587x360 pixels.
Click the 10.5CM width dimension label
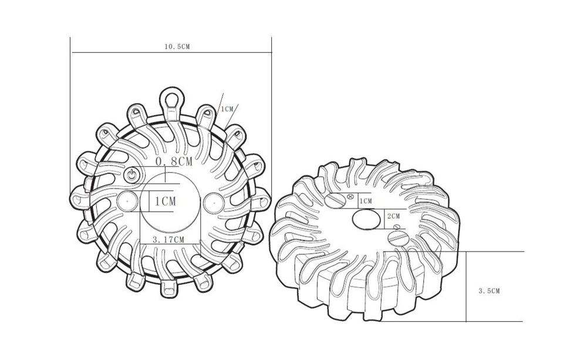(177, 46)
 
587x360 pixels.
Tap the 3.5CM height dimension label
(489, 291)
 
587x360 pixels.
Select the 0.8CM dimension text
(174, 162)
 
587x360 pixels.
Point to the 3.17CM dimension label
(168, 239)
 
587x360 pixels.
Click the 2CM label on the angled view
(393, 216)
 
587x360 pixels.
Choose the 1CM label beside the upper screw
(365, 201)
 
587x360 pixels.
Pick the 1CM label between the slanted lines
(227, 109)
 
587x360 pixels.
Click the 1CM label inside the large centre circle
(165, 201)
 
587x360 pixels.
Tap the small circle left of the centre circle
(127, 201)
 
